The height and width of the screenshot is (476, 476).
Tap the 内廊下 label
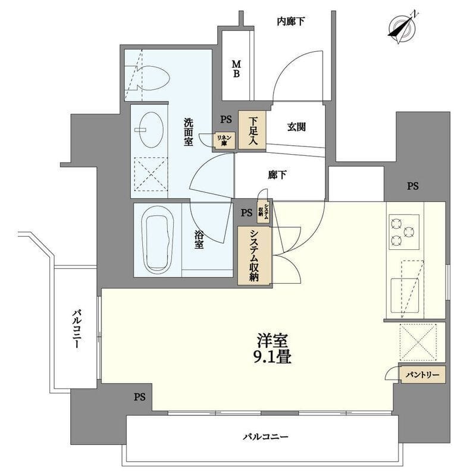click(x=291, y=22)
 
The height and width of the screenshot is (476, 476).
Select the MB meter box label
click(x=236, y=68)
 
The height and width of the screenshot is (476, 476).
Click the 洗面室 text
click(x=188, y=132)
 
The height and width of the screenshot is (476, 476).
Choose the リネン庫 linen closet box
click(x=226, y=139)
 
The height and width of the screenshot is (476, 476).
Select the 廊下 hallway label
click(x=277, y=175)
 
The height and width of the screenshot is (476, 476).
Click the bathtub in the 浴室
click(x=157, y=240)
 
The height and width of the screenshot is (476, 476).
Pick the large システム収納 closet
click(x=254, y=255)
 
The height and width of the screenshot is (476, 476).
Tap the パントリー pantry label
click(x=422, y=375)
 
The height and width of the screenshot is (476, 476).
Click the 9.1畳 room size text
click(x=274, y=358)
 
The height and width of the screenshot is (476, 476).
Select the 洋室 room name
click(x=273, y=341)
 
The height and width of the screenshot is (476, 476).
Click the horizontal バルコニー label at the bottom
click(x=265, y=437)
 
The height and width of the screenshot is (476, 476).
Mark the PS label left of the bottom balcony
click(x=139, y=396)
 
